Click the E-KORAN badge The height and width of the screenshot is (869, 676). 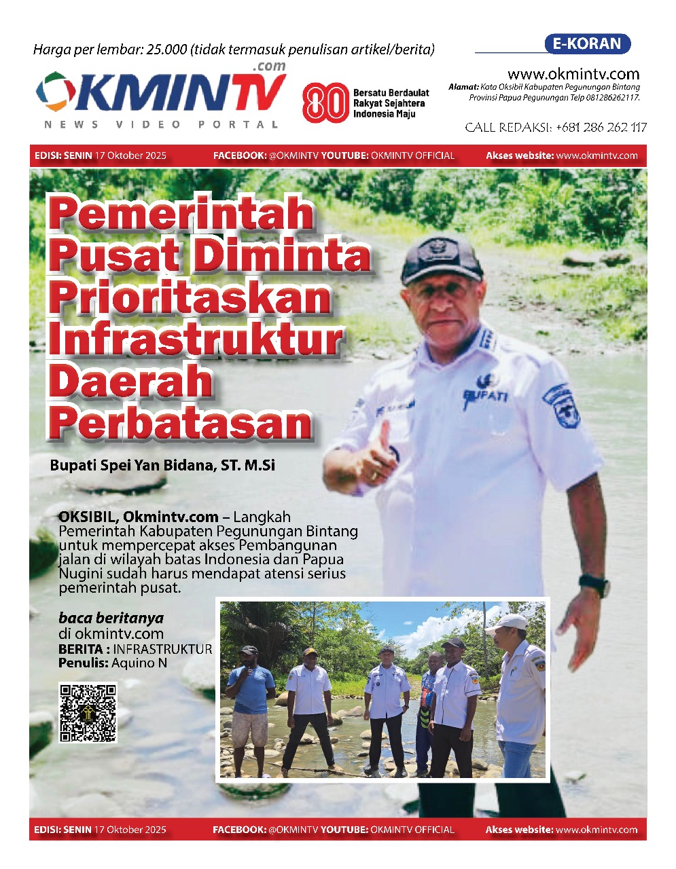pyautogui.click(x=587, y=44)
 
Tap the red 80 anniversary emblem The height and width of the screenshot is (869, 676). pyautogui.click(x=325, y=103)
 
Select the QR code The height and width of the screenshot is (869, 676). pyautogui.click(x=88, y=712)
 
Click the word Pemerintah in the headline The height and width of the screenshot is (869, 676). pyautogui.click(x=181, y=213)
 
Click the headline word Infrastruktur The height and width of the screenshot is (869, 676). pyautogui.click(x=196, y=339)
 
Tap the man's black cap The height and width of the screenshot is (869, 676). pyautogui.click(x=442, y=255)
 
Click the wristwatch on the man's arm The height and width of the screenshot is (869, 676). pyautogui.click(x=594, y=584)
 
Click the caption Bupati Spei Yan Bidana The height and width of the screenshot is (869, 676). pyautogui.click(x=162, y=466)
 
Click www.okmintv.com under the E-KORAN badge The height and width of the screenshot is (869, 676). pyautogui.click(x=573, y=74)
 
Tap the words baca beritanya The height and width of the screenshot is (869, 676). pyautogui.click(x=111, y=618)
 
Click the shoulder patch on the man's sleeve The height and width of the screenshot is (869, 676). pyautogui.click(x=564, y=404)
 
